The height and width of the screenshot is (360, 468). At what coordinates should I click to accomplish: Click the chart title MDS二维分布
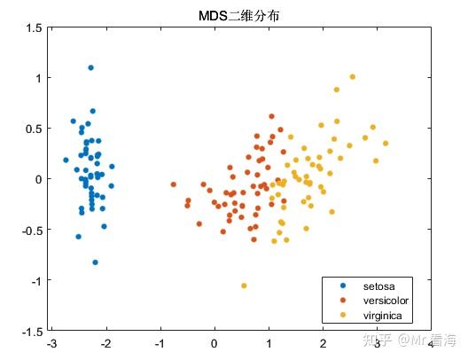click(234, 15)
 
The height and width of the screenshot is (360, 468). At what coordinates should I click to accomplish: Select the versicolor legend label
click(386, 301)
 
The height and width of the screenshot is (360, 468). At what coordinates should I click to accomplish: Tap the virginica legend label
click(383, 315)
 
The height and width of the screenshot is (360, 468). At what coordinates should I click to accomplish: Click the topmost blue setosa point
click(90, 67)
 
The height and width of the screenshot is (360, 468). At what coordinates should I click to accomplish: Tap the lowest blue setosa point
click(95, 262)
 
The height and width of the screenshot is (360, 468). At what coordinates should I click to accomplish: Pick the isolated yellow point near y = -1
click(244, 286)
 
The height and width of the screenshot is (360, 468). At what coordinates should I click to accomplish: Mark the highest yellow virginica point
click(352, 77)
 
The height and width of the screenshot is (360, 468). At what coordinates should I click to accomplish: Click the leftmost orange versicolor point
click(173, 184)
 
